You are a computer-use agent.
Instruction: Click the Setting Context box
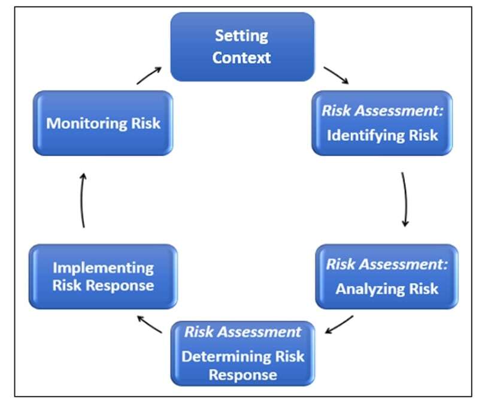(x=242, y=47)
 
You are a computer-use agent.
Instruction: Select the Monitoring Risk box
(x=103, y=123)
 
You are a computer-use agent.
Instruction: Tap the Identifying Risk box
(x=381, y=123)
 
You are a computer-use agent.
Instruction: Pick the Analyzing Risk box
(x=386, y=276)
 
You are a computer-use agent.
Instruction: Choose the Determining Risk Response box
(x=242, y=354)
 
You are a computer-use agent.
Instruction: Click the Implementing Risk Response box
(x=103, y=276)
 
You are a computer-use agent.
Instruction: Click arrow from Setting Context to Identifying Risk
(x=336, y=76)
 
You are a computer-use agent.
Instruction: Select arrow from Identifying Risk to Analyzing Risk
(x=406, y=200)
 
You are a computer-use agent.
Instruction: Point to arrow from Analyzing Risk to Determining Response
(x=339, y=324)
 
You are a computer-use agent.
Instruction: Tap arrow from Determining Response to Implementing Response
(x=149, y=324)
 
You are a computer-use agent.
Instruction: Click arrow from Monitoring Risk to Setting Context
(x=149, y=76)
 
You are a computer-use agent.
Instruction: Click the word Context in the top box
(x=242, y=58)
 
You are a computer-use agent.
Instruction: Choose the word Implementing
(x=103, y=267)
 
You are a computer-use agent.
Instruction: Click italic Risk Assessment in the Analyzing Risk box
(x=386, y=264)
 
